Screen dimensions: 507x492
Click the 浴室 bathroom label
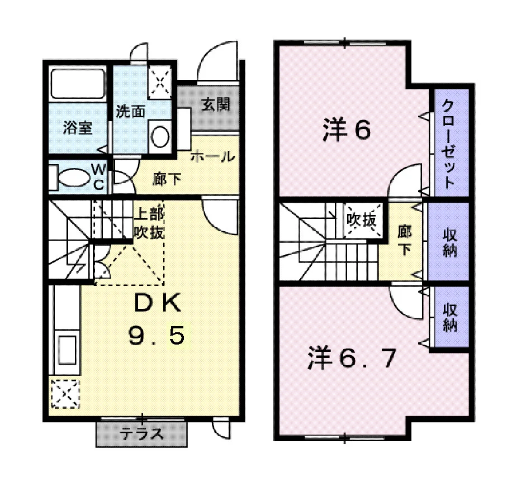coord(78,128)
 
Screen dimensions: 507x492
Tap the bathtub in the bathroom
coord(78,83)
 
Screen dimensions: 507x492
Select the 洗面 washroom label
coord(130,112)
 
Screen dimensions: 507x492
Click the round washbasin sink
coord(160,137)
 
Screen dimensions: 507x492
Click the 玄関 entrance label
coord(216,104)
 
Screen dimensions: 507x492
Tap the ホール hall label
coord(212,157)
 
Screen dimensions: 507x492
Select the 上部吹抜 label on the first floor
coord(149,223)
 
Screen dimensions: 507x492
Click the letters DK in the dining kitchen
coord(158,304)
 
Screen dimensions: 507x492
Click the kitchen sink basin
coord(68,350)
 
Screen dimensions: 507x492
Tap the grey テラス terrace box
coord(141,434)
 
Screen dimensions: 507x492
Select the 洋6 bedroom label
coord(347,130)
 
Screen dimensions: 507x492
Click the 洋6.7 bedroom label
coord(352,358)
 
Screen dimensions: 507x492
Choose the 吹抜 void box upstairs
coord(362,220)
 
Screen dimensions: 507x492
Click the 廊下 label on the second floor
coord(405,240)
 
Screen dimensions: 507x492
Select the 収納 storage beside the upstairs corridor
coord(449,242)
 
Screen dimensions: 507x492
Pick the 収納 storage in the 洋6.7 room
coord(450,317)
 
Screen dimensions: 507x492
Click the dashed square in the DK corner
coord(65,394)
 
